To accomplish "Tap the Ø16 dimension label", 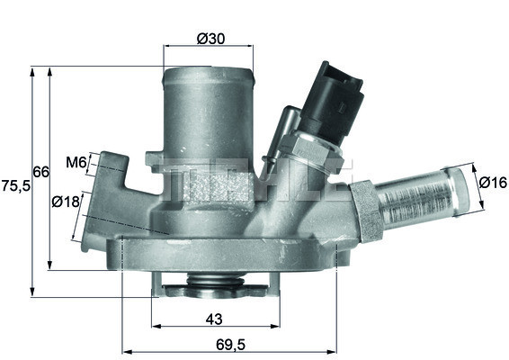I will coord(492,183).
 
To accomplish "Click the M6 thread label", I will coord(76,163).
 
